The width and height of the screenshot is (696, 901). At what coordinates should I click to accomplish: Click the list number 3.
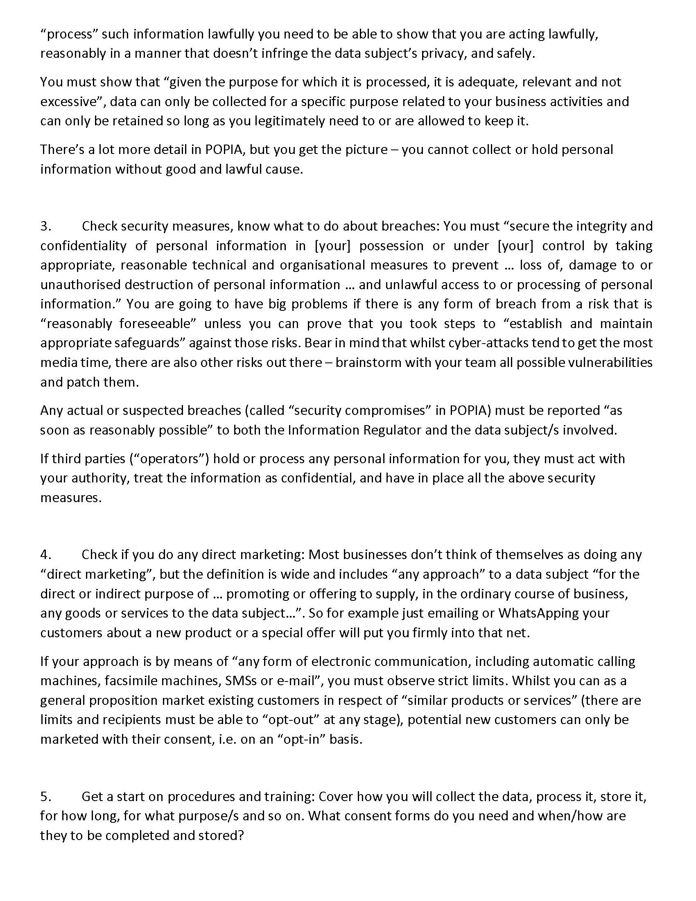point(45,226)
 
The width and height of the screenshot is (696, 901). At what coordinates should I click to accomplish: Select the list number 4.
point(45,555)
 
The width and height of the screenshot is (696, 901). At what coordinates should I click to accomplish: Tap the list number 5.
point(45,796)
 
